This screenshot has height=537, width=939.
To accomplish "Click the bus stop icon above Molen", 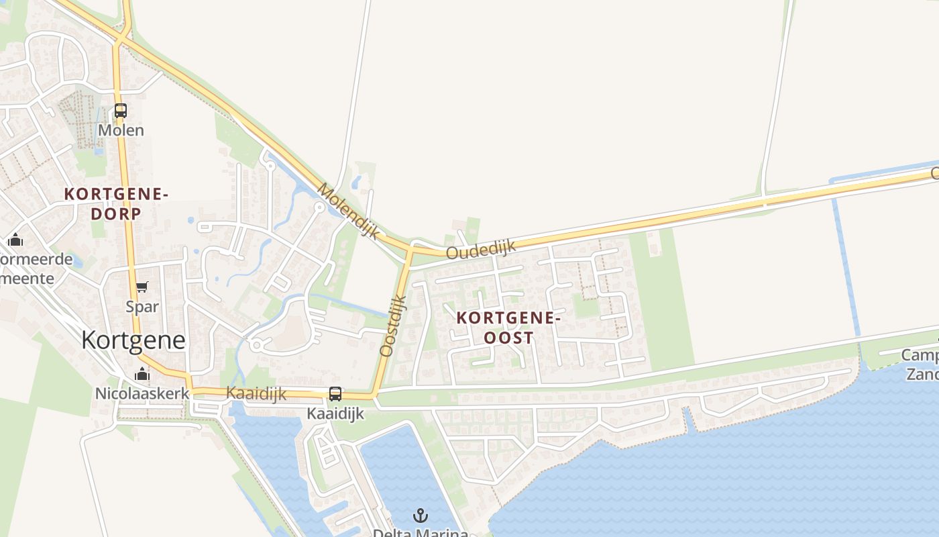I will tap(121, 111).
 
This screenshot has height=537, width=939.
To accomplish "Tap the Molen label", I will tap(121, 130).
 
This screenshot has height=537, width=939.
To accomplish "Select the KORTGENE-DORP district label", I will tap(115, 203).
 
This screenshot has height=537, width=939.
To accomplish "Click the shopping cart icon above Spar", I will tap(142, 287).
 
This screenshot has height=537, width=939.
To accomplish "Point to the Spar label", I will tap(142, 307).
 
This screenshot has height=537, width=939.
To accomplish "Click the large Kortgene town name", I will tap(133, 340).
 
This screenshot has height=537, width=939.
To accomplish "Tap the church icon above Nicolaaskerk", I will tap(142, 375).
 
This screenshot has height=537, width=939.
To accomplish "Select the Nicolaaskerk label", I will tap(142, 393).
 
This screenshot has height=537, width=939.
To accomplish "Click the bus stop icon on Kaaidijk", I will tap(335, 394).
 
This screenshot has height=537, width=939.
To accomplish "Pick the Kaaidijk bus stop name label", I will tap(335, 413).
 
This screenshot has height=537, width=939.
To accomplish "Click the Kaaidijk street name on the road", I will tap(256, 393).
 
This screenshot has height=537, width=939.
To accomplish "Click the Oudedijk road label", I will tap(481, 250).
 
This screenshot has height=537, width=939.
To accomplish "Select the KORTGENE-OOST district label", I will tap(508, 328).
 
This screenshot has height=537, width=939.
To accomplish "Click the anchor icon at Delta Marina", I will tap(421, 516).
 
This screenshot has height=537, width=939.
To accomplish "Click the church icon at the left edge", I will tap(15, 240).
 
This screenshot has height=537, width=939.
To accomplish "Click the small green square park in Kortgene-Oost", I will tap(586, 306).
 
